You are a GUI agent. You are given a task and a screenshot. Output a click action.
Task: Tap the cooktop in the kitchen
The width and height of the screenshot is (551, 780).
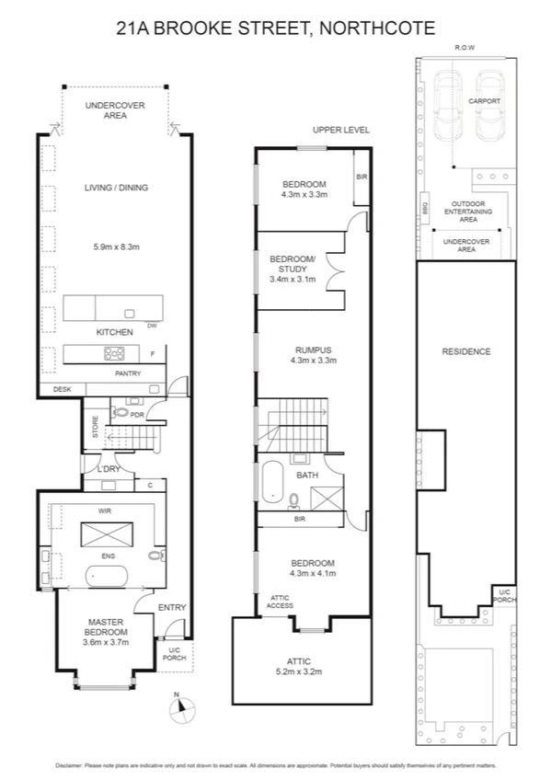114,352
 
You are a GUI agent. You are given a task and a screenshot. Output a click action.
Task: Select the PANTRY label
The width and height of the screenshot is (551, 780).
127,374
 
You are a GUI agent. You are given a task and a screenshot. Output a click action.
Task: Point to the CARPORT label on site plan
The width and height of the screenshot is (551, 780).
484,101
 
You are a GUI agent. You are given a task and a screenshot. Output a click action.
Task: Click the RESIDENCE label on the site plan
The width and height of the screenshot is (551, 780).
465,351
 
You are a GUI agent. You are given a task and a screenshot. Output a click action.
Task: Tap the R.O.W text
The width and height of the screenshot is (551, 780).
465,47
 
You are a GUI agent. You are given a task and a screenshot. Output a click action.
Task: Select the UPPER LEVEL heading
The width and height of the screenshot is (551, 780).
340,130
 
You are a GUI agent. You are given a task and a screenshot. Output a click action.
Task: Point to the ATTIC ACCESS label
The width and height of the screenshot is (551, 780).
280,602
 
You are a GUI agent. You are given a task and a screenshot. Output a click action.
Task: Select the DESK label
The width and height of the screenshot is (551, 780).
62,390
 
